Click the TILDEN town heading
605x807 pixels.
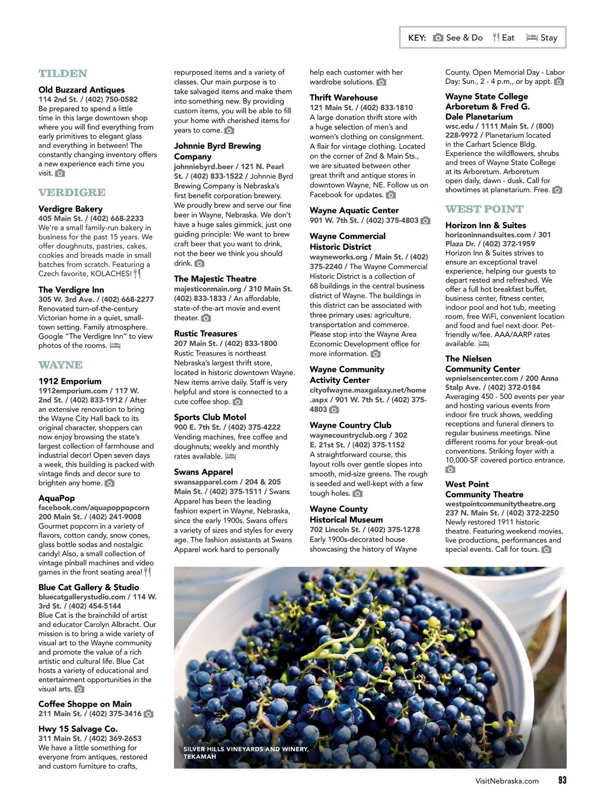click(x=63, y=74)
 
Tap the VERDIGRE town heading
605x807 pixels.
click(x=72, y=193)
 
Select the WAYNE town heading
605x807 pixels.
click(x=60, y=365)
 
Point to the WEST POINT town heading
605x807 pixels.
click(x=485, y=209)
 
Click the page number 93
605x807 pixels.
click(x=562, y=780)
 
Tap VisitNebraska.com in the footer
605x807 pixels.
click(x=507, y=781)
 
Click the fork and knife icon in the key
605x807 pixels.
click(x=496, y=37)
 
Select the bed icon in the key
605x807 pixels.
click(x=531, y=37)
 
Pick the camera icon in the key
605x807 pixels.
click(x=438, y=37)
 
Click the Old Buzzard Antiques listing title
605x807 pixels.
click(x=82, y=90)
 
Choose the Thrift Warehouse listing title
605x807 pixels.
click(x=343, y=98)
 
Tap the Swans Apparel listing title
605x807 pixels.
click(x=203, y=472)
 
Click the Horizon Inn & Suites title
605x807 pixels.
click(x=486, y=225)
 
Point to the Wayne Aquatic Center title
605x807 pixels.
click(x=354, y=210)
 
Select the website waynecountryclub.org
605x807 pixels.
click(x=348, y=435)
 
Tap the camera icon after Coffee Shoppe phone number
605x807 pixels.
click(x=148, y=714)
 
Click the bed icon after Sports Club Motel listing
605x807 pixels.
click(x=230, y=456)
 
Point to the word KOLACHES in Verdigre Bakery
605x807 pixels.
click(x=111, y=274)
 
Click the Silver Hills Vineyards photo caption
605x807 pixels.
click(x=246, y=753)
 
